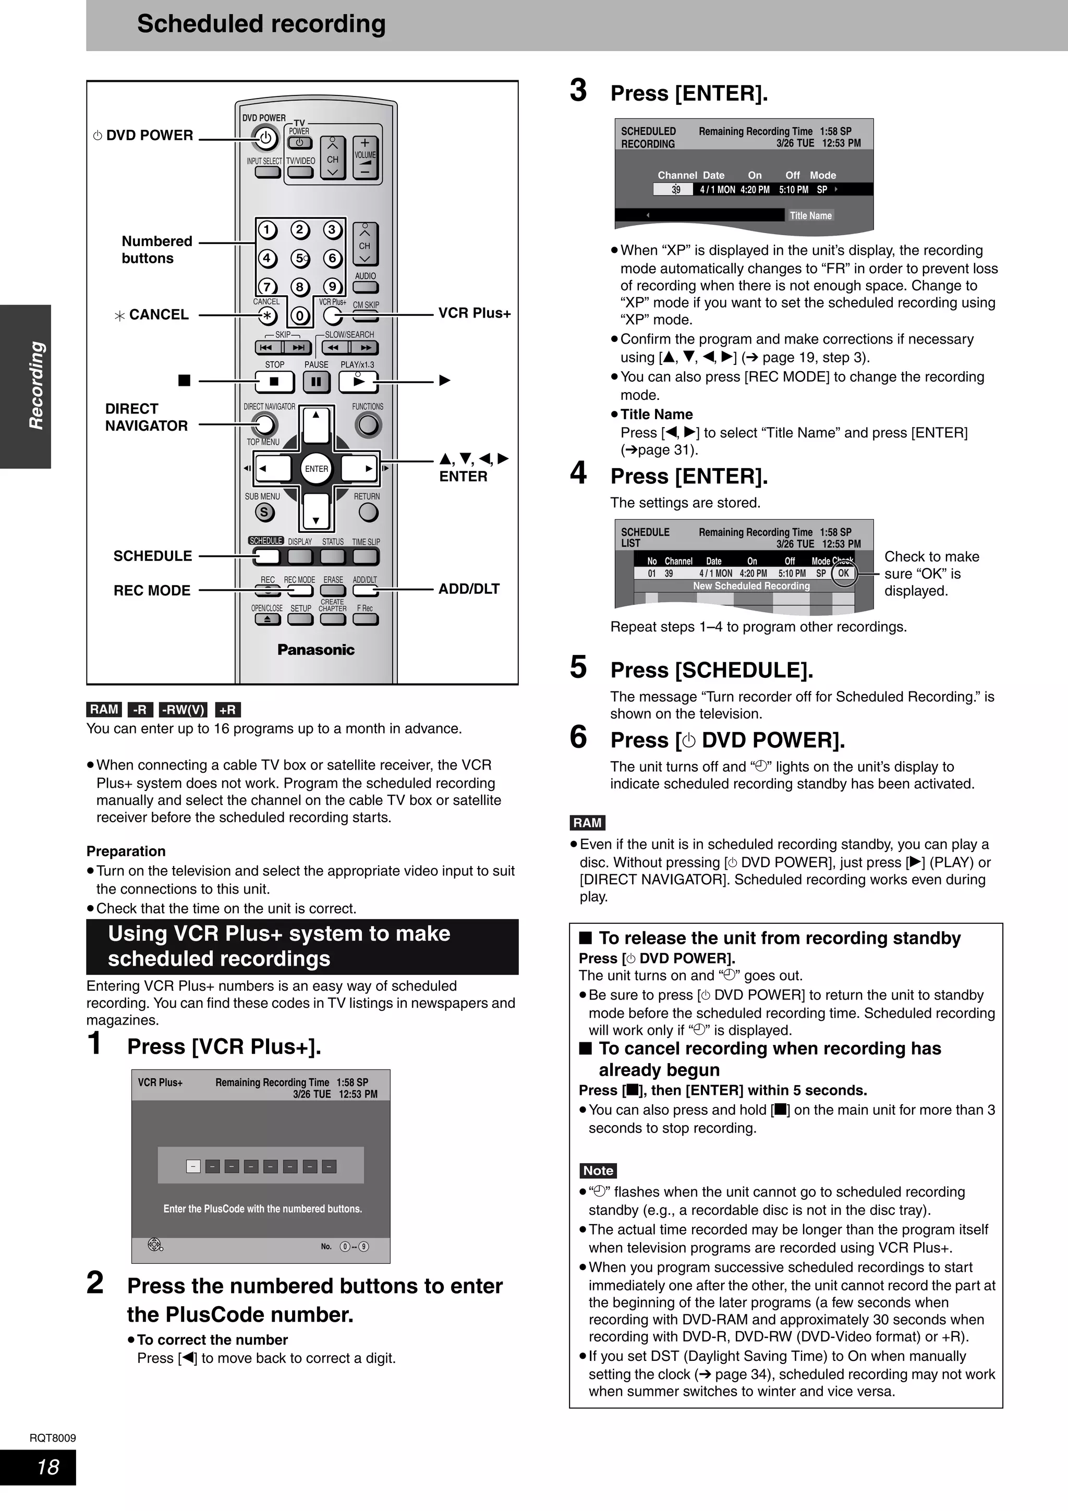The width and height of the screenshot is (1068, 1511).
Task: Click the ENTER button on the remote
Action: click(x=316, y=469)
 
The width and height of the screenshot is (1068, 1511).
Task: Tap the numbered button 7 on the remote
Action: click(x=266, y=287)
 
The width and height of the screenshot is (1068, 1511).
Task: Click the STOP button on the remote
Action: click(x=274, y=381)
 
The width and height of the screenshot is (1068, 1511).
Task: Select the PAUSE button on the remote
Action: click(x=316, y=381)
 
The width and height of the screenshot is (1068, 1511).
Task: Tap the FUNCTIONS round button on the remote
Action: click(x=368, y=425)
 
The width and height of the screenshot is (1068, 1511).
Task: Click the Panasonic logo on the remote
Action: click(x=316, y=650)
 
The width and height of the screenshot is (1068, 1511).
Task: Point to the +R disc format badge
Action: click(x=228, y=710)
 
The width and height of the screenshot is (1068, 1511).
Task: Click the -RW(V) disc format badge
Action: click(x=183, y=710)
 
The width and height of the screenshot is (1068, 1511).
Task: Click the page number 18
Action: click(x=48, y=1466)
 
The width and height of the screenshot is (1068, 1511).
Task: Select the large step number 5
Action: click(x=578, y=667)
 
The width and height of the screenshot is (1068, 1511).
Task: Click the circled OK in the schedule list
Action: click(x=843, y=573)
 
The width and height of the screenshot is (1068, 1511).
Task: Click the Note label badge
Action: click(x=598, y=1170)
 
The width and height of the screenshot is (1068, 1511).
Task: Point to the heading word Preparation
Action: click(x=126, y=851)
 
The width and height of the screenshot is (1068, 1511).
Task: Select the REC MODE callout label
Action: click(x=151, y=590)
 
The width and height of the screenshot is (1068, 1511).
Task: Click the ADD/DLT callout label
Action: click(x=468, y=589)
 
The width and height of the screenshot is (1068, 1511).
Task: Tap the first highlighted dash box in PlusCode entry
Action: click(x=193, y=1167)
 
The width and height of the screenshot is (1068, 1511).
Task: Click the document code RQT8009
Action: click(x=53, y=1438)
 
